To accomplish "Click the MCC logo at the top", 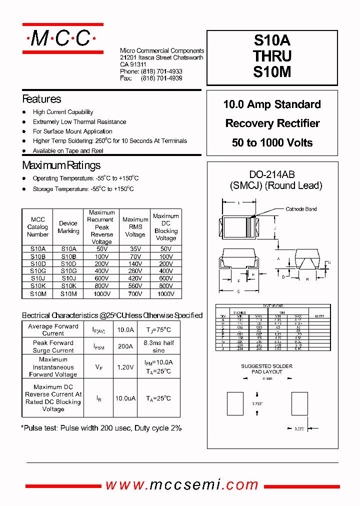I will [62, 38].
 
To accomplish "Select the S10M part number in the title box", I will [272, 71].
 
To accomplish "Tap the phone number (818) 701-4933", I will [161, 71].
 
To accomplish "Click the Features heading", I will [41, 99].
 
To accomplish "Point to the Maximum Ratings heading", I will [61, 165].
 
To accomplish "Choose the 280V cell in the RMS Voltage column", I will [135, 270].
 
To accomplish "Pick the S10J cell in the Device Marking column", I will [68, 278].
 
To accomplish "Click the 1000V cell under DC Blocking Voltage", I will [166, 294].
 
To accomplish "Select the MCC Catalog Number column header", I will [37, 227].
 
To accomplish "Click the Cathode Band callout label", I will [301, 209].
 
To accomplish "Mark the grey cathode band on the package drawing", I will [248, 227].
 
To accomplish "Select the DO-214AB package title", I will [272, 174].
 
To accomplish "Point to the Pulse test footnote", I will [101, 428].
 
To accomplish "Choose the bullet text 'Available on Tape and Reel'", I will [68, 150].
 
